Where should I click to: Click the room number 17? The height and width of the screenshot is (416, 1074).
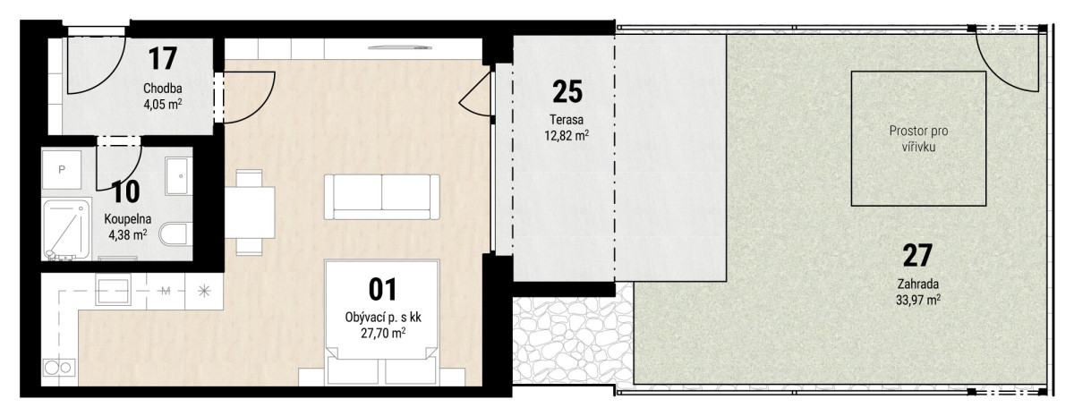[x=163, y=58]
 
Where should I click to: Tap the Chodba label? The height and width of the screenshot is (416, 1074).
[x=163, y=89]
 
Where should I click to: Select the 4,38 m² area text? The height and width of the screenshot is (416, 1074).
[x=128, y=234]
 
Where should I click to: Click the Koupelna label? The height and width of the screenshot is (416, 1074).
[x=128, y=219]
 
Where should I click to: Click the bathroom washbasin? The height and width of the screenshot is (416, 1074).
[x=176, y=176]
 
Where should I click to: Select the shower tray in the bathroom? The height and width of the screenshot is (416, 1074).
[x=66, y=230]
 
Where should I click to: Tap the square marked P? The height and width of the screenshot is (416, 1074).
[x=62, y=170]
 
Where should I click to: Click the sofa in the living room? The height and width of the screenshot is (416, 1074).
[x=381, y=197]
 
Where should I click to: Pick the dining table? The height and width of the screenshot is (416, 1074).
[x=250, y=212]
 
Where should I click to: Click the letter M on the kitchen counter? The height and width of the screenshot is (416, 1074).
[x=166, y=291]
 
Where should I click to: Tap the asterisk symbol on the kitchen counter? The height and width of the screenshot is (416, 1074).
[x=204, y=291]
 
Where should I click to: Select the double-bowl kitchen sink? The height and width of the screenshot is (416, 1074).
[x=59, y=367]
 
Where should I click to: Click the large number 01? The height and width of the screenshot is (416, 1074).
[x=383, y=290]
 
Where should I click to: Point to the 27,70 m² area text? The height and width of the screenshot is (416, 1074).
[x=384, y=333]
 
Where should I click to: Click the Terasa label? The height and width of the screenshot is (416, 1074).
[x=567, y=119]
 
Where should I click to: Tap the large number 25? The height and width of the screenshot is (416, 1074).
[x=567, y=91]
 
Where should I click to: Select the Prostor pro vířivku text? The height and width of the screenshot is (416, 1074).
[x=918, y=139]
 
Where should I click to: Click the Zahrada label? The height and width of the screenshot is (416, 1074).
[x=918, y=284]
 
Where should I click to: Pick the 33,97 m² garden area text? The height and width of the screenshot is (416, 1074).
[x=918, y=300]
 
